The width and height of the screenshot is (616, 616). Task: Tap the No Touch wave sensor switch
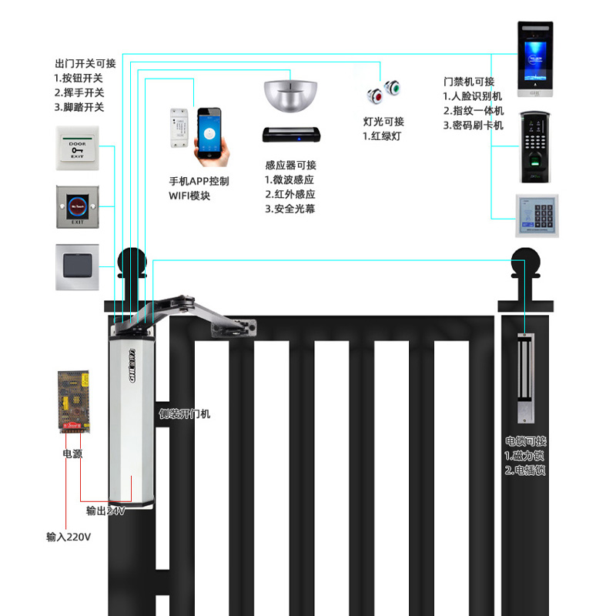pyautogui.click(x=78, y=206)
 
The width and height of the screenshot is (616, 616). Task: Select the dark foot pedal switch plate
pyautogui.click(x=78, y=266)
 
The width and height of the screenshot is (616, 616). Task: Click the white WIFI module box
pyautogui.click(x=179, y=129)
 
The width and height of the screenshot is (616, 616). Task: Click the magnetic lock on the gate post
pyautogui.click(x=527, y=377)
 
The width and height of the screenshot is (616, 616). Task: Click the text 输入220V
pyautogui.click(x=69, y=537)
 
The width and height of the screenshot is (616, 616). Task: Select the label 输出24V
pyautogui.click(x=105, y=511)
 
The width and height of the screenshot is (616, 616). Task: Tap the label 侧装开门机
pyautogui.click(x=184, y=413)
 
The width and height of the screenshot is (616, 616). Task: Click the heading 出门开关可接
pyautogui.click(x=85, y=64)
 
